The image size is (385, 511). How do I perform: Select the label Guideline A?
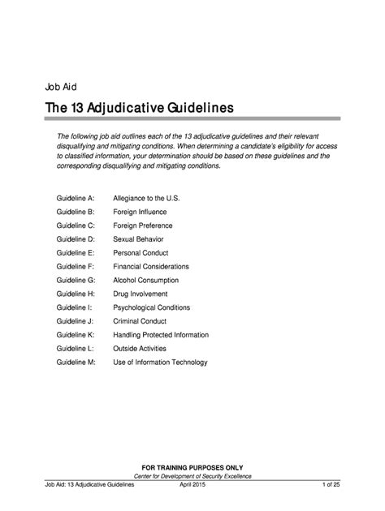click(x=76, y=198)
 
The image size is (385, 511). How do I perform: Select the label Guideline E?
click(x=76, y=253)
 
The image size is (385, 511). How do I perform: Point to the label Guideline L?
click(x=76, y=349)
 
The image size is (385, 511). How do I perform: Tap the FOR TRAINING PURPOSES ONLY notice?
click(x=192, y=466)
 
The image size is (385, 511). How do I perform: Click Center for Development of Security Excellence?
click(x=192, y=476)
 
